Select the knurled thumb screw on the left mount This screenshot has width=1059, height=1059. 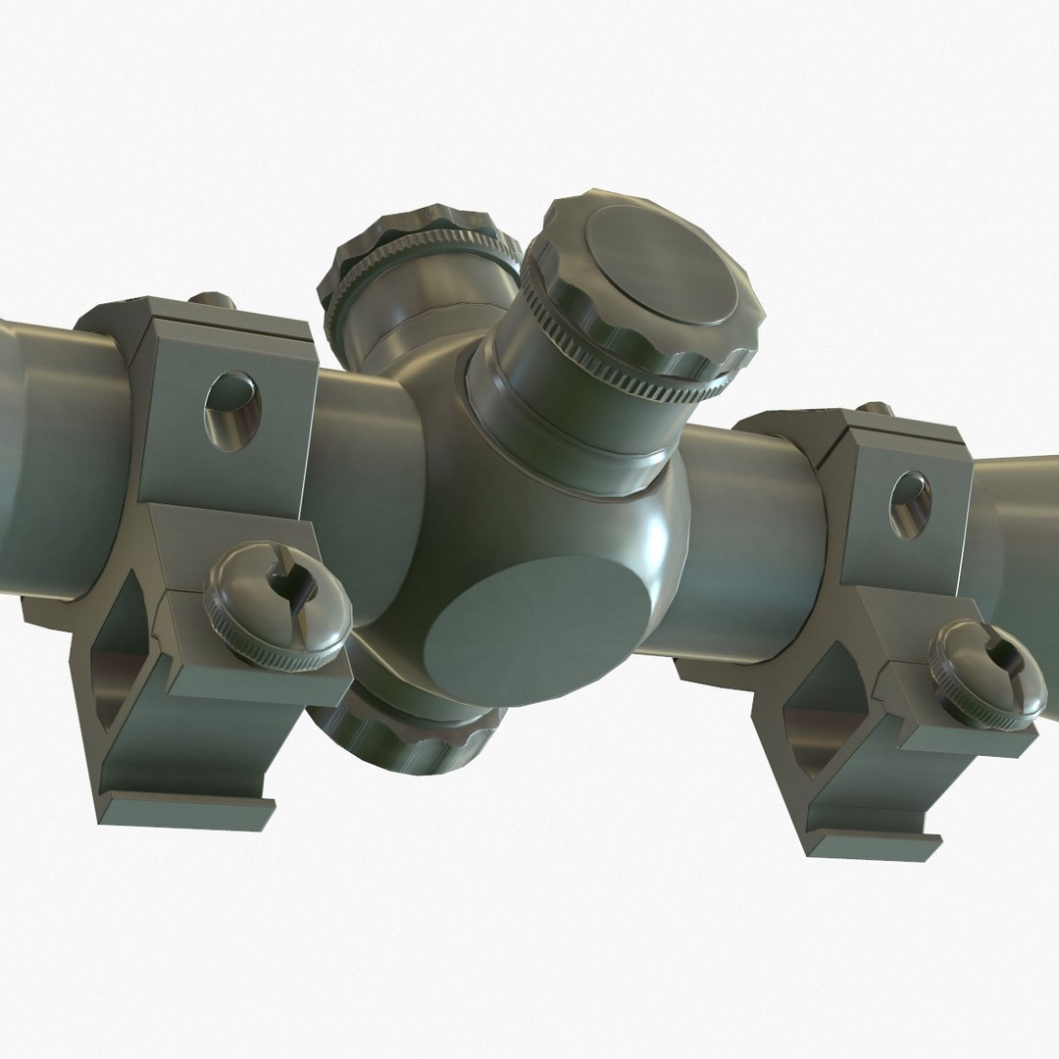point(277,608)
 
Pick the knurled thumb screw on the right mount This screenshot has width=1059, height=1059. point(985,675)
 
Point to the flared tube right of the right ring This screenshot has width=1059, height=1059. point(1020,510)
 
